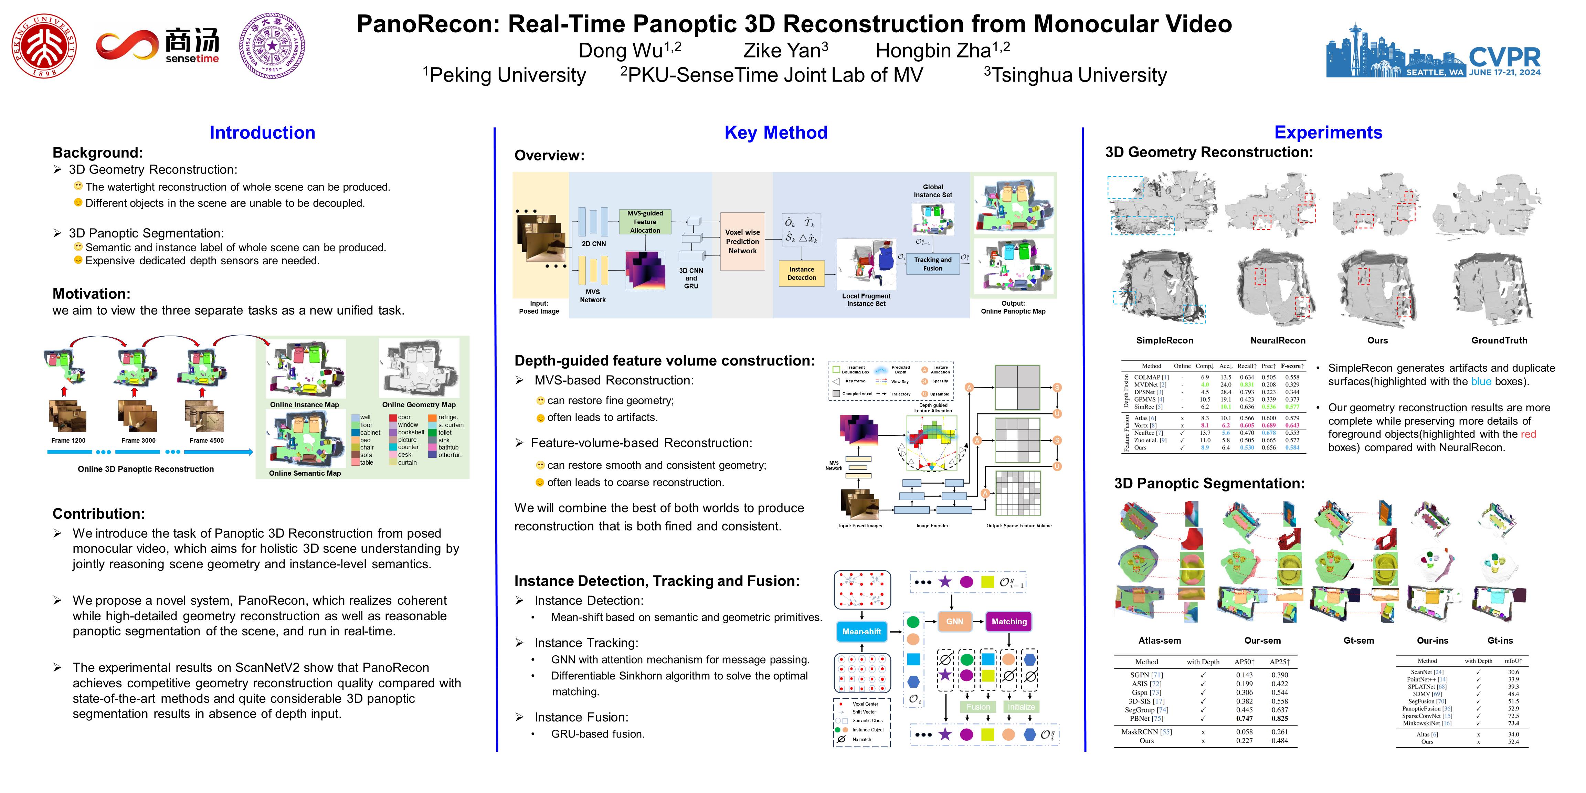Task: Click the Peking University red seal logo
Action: (44, 46)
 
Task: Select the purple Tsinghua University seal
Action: (272, 46)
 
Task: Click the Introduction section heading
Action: (262, 133)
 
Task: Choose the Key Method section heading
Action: (776, 133)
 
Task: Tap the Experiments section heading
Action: (1328, 133)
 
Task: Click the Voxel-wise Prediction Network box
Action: (742, 241)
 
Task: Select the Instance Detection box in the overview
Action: (802, 273)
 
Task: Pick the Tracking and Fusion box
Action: (932, 264)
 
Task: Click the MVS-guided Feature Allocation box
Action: (645, 222)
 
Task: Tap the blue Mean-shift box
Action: (861, 632)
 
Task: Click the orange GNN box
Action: (954, 621)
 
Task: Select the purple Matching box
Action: (1008, 621)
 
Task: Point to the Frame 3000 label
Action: (138, 440)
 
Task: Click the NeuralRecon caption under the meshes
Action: (1278, 340)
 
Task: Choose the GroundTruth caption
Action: (1499, 340)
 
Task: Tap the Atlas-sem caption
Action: (1159, 640)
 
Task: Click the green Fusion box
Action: (978, 707)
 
